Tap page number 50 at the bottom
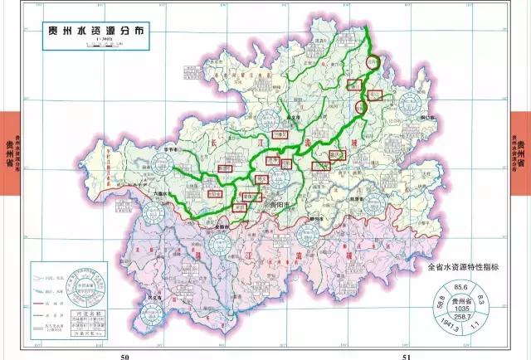coord(124,355)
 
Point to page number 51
coord(406,355)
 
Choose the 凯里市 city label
coord(358,201)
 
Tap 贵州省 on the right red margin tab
coord(522,153)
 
